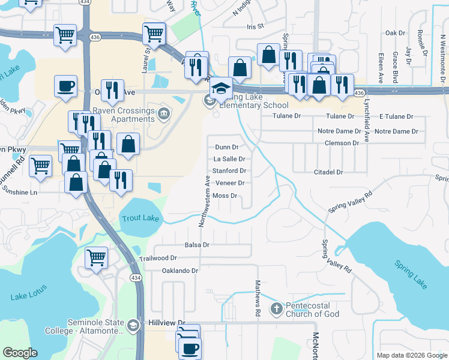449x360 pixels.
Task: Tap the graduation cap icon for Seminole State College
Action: pyautogui.click(x=133, y=326)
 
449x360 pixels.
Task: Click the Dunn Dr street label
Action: pyautogui.click(x=227, y=147)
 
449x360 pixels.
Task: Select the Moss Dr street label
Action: pyautogui.click(x=226, y=196)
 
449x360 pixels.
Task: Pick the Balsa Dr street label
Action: pyautogui.click(x=197, y=245)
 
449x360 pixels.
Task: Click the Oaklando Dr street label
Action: pyautogui.click(x=180, y=271)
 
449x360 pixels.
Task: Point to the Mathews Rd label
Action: pyautogui.click(x=258, y=298)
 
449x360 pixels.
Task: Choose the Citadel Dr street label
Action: pyautogui.click(x=328, y=172)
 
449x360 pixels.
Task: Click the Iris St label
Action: pyautogui.click(x=255, y=27)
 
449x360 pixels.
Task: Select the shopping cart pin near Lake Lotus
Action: pyautogui.click(x=96, y=258)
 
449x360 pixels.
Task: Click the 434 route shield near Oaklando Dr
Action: pyautogui.click(x=136, y=278)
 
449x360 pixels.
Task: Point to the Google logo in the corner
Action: pyautogui.click(x=20, y=353)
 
